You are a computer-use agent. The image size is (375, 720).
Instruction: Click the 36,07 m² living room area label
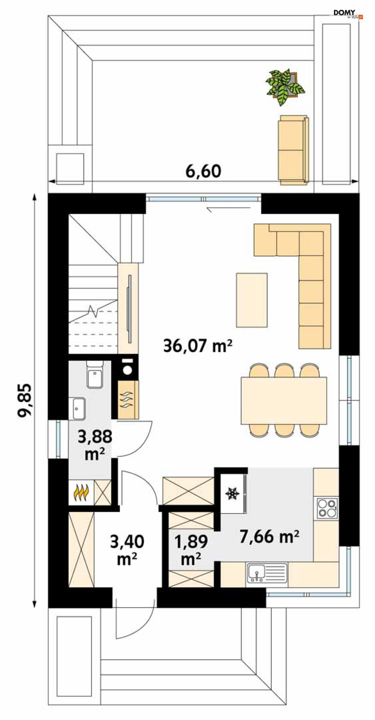197,345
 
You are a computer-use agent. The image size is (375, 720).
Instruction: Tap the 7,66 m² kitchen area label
269,536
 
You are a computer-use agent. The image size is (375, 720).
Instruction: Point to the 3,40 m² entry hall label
127,550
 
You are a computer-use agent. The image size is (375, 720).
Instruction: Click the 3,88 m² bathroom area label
95,445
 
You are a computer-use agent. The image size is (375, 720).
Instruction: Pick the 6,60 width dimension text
203,171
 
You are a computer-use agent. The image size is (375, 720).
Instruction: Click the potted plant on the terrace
285,87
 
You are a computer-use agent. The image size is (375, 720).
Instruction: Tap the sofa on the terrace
293,150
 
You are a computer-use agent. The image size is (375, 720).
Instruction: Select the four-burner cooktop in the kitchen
327,508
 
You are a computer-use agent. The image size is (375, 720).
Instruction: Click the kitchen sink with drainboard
267,574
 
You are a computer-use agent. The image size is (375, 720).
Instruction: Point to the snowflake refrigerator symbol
232,493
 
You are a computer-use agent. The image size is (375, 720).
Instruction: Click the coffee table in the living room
252,300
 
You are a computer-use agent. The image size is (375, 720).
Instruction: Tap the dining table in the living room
284,400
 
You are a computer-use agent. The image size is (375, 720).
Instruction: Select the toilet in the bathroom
95,374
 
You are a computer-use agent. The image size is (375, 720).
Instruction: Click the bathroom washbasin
77,408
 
